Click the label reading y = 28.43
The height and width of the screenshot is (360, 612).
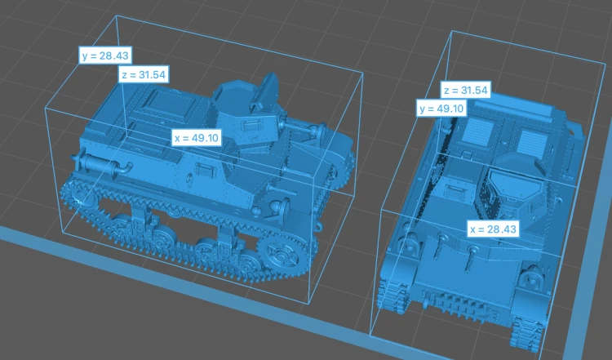[105, 56]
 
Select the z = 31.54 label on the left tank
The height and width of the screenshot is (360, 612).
[144, 74]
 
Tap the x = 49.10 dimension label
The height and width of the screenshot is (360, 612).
[197, 138]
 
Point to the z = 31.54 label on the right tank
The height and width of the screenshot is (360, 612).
[466, 90]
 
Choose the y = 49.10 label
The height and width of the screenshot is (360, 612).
[441, 108]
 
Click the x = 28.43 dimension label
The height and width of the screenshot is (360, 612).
[494, 229]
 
